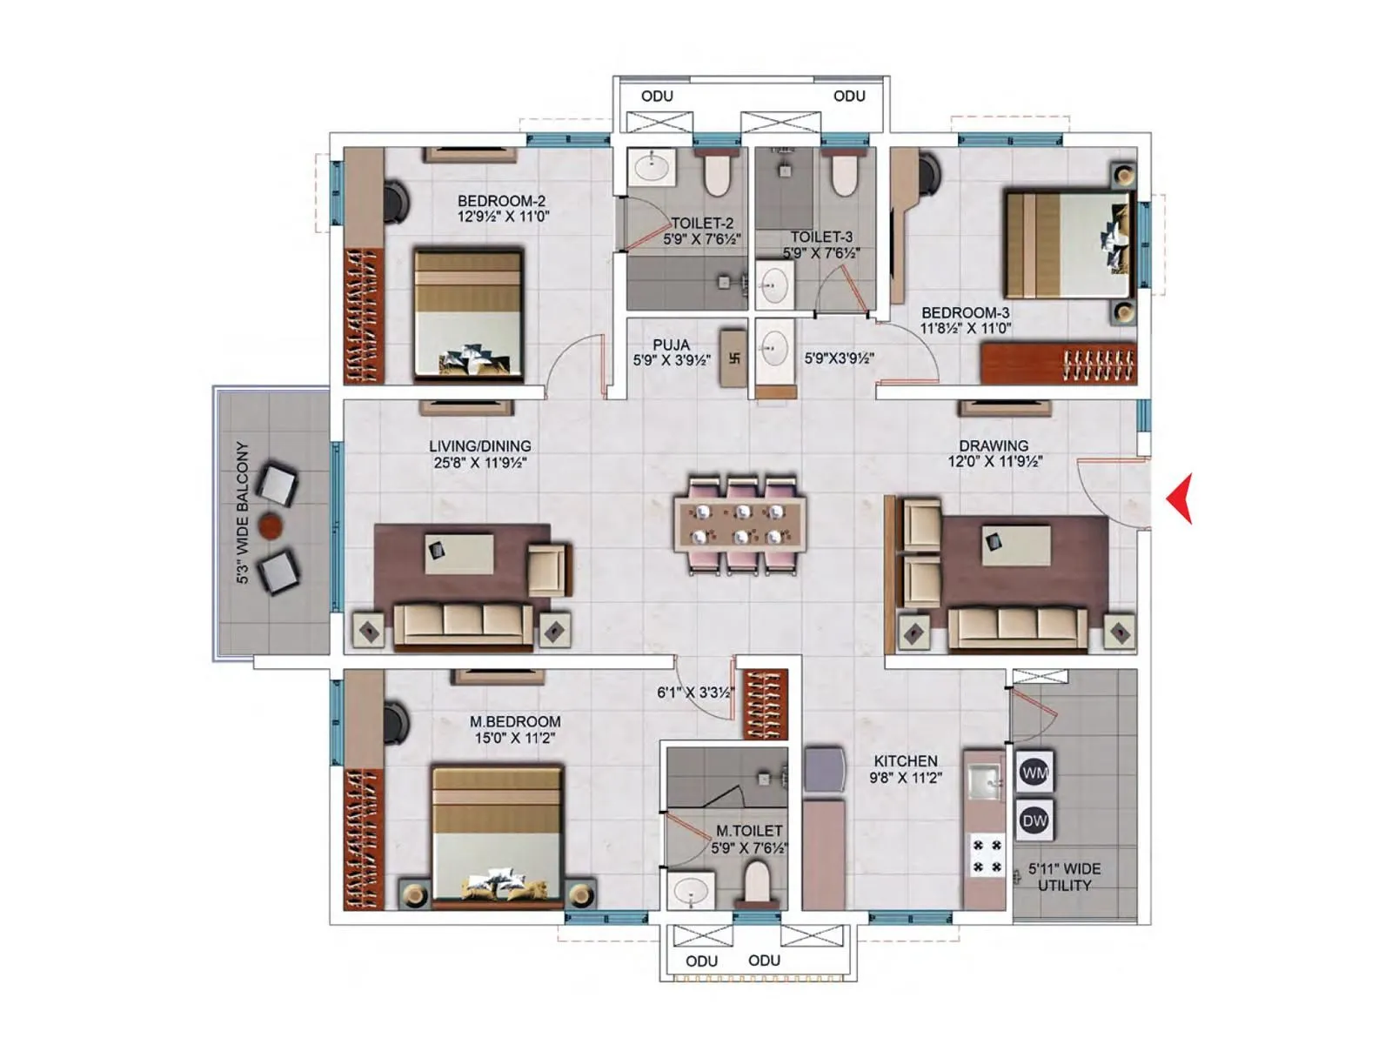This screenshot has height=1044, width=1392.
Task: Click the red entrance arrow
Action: [1181, 499]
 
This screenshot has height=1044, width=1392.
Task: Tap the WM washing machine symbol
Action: [1034, 773]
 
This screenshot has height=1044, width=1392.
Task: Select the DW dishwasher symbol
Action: [1034, 820]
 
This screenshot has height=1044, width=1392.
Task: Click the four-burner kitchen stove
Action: [987, 856]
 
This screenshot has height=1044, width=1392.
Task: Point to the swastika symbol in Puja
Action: [733, 358]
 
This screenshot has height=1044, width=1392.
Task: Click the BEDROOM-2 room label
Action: [501, 201]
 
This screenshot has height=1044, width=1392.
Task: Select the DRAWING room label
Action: [994, 445]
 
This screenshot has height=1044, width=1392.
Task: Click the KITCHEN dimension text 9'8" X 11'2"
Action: [906, 778]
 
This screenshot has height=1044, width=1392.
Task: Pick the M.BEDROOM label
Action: [515, 721]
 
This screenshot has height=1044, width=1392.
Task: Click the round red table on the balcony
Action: [270, 525]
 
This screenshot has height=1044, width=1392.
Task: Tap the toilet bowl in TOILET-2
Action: [716, 174]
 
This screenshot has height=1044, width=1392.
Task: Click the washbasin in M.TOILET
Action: [692, 892]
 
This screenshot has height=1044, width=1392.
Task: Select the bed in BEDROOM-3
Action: [1068, 244]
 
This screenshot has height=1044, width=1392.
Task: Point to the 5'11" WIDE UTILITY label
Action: [1064, 877]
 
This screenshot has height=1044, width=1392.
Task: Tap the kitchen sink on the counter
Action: [986, 780]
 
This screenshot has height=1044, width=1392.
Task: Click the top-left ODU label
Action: [657, 96]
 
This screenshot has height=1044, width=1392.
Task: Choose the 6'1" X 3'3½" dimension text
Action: [696, 693]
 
